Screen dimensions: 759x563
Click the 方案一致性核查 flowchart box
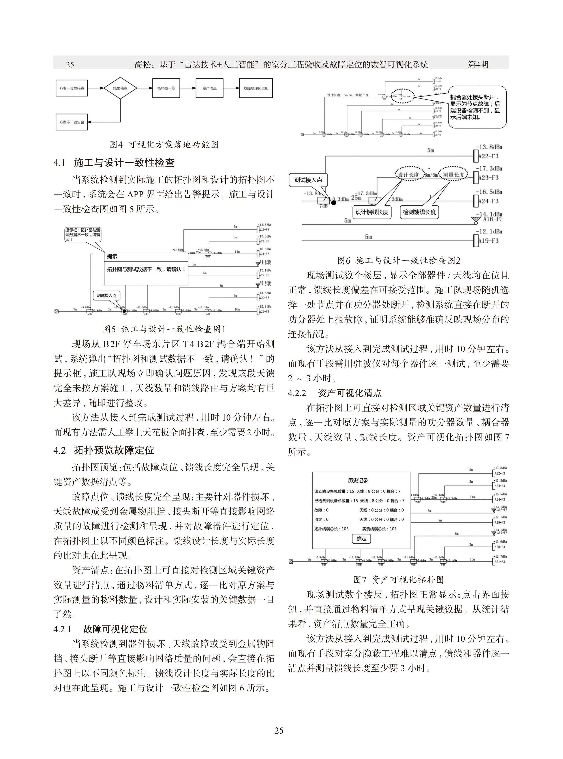(71, 88)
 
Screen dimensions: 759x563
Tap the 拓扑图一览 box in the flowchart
(166, 88)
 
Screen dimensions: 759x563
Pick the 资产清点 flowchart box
(210, 88)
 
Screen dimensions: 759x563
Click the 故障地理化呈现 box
(256, 88)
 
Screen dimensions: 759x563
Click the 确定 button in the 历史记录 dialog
(361, 539)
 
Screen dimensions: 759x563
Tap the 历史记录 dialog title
(358, 480)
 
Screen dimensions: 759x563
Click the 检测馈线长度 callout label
(419, 212)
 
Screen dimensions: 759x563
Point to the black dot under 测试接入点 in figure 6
(334, 203)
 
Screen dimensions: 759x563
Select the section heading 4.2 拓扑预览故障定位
(104, 450)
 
